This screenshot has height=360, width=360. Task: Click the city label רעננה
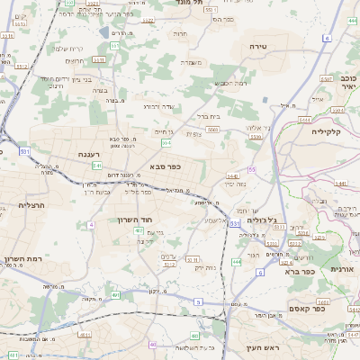(x=88, y=154)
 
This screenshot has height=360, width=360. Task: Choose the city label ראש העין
(x=262, y=346)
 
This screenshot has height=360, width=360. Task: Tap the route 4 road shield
(x=91, y=224)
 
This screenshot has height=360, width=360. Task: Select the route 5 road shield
(x=197, y=301)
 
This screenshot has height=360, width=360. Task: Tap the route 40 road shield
(x=153, y=344)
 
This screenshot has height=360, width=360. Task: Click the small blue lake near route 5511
(x=114, y=42)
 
